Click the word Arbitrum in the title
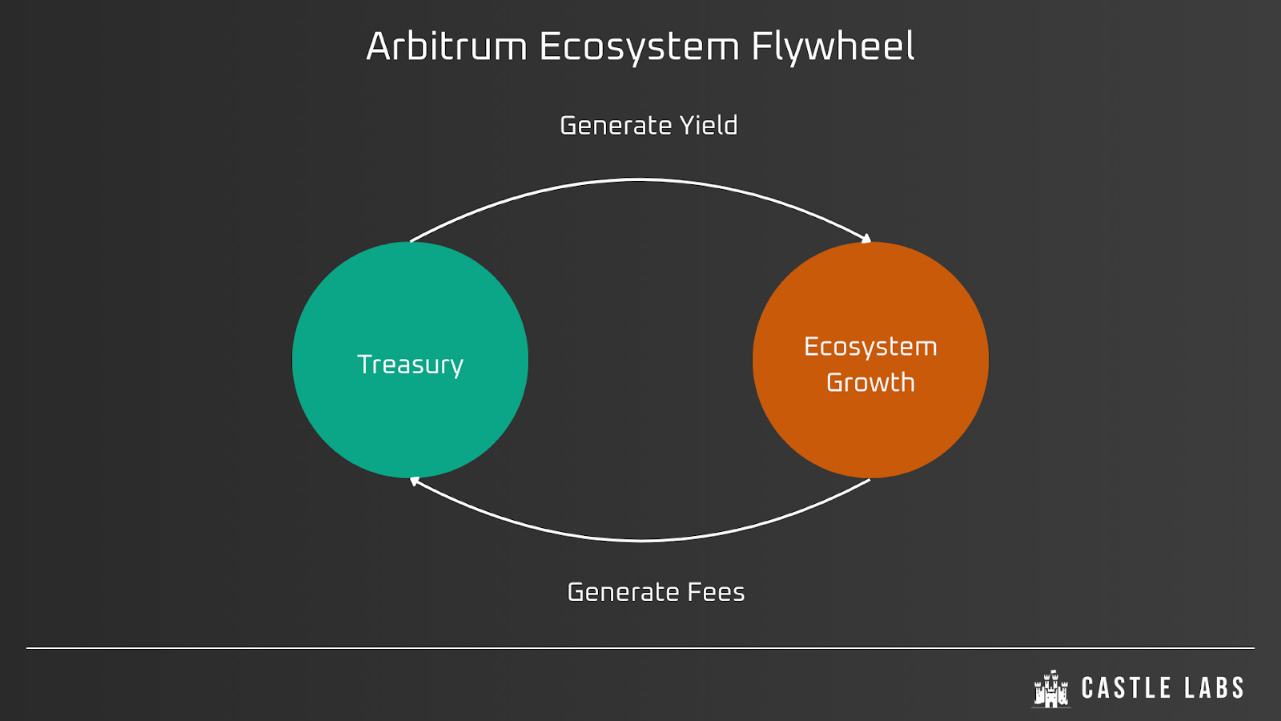click(x=446, y=46)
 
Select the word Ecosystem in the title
click(x=639, y=46)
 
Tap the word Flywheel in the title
click(x=833, y=46)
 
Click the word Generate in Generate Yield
click(x=615, y=126)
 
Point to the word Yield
click(x=709, y=126)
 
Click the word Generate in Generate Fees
click(x=623, y=592)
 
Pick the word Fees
click(x=716, y=592)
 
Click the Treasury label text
click(x=410, y=365)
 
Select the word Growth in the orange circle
click(x=870, y=383)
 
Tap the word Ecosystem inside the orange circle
click(x=870, y=347)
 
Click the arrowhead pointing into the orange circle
click(x=865, y=239)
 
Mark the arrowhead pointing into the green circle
click(x=415, y=481)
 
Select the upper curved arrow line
click(x=640, y=180)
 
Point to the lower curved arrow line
click(x=640, y=541)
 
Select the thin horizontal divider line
click(x=640, y=647)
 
